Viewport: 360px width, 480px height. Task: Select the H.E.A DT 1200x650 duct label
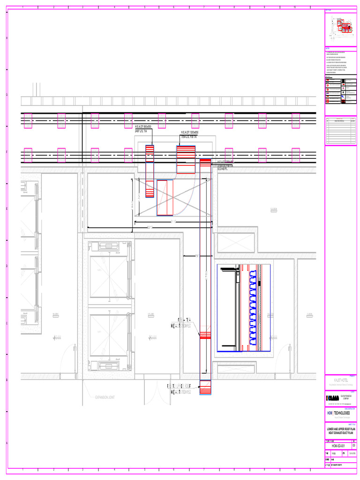(x=189, y=133)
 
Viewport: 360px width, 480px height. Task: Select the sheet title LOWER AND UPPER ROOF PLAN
(x=340, y=429)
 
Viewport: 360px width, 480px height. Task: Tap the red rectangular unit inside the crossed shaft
(x=165, y=198)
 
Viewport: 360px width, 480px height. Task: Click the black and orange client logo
(x=331, y=398)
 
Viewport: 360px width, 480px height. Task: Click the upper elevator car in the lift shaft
(x=109, y=277)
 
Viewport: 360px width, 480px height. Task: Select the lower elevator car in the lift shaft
(x=109, y=333)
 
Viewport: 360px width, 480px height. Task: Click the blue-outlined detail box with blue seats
(x=244, y=308)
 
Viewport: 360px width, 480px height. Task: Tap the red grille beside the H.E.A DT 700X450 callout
(x=205, y=335)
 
